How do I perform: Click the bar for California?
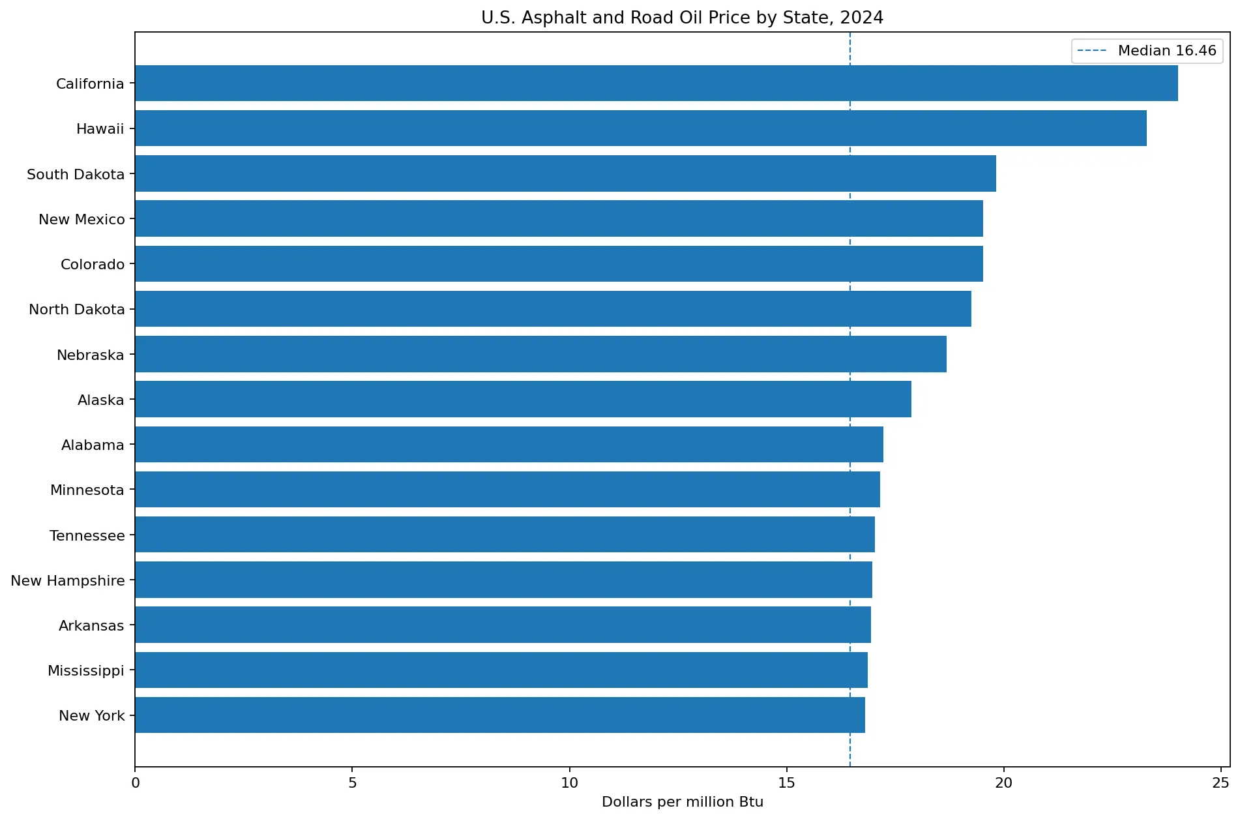point(657,83)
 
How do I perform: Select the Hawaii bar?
point(641,128)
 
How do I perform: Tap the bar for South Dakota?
point(566,173)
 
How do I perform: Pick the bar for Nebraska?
point(541,354)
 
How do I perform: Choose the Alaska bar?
point(524,399)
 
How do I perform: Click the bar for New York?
point(500,715)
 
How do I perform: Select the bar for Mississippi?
point(501,670)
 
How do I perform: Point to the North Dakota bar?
point(554,309)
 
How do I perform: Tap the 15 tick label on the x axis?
point(786,782)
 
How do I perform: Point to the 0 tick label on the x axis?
point(136,782)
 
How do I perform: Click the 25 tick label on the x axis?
point(1220,782)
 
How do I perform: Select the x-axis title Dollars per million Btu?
point(683,802)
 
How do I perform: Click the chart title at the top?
point(683,18)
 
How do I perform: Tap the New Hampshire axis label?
point(68,580)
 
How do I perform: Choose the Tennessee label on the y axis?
point(87,535)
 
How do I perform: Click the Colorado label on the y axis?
point(93,264)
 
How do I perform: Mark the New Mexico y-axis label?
point(81,219)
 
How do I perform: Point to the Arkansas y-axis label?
point(91,625)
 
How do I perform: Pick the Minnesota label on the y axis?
point(87,490)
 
